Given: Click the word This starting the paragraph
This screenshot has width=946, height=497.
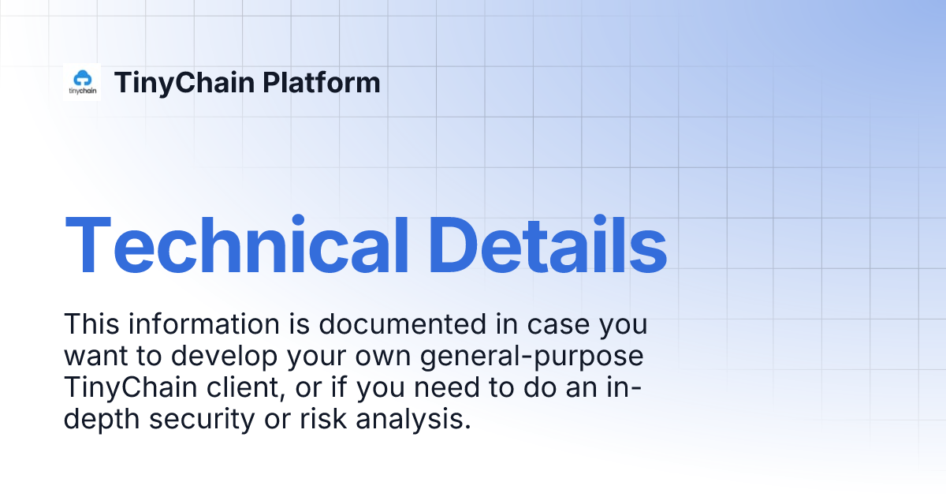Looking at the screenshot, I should pyautogui.click(x=90, y=324).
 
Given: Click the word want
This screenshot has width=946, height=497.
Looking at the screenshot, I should pyautogui.click(x=95, y=357).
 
